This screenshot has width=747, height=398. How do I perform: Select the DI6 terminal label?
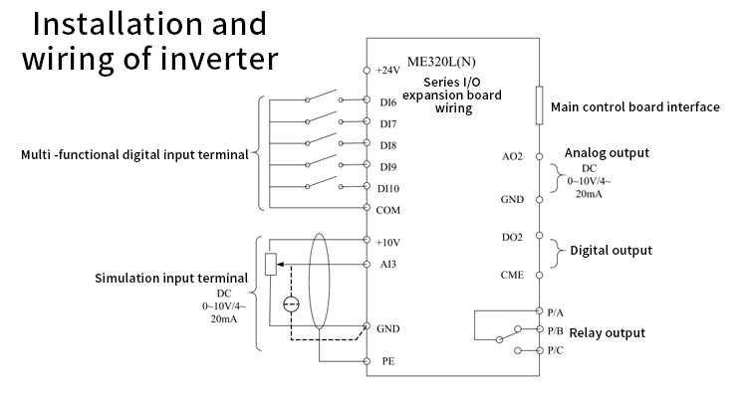[387, 101]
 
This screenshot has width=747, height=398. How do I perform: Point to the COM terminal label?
[388, 209]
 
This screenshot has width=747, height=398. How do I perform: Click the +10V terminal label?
[388, 242]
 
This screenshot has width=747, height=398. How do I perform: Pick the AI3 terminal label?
[387, 264]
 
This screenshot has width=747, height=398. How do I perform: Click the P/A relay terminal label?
[556, 311]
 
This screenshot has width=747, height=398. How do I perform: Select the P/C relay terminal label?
[556, 351]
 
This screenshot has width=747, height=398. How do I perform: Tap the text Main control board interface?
[634, 107]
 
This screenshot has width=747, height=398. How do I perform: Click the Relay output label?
[607, 333]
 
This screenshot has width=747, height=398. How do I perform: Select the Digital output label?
[611, 251]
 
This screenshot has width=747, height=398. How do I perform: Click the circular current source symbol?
[290, 305]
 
